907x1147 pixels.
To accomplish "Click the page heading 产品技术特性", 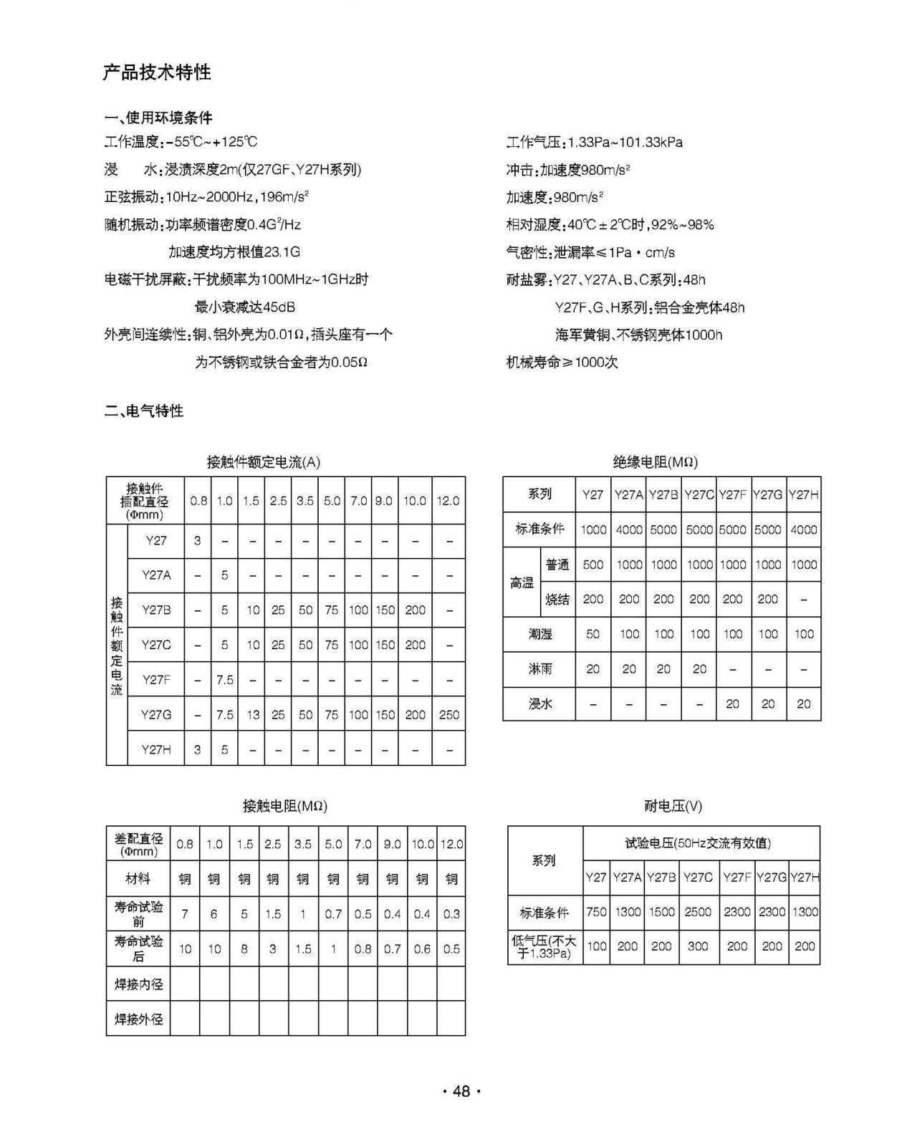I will point(157,72).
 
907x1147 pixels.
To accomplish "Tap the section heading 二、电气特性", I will point(144,411).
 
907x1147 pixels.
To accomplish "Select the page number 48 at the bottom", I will point(461,1091).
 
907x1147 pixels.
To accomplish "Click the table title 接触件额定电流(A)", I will point(263,462).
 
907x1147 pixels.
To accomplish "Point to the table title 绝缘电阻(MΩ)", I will point(655,462).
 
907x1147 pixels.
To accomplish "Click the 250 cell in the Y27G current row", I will point(448,714).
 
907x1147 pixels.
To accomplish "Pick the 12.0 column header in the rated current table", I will point(448,501).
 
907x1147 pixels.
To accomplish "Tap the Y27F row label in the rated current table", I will point(155,679).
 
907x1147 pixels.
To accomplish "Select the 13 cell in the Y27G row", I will point(253,714).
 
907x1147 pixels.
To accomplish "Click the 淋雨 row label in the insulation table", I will point(540,668).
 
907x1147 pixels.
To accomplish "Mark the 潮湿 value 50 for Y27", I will point(592,634).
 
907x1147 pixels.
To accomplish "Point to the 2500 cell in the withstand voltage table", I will point(698,911).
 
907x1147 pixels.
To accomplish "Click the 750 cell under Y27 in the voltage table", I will point(596,911).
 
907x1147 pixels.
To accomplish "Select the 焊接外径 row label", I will point(138,1019).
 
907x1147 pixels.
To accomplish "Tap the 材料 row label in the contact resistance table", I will point(138,878).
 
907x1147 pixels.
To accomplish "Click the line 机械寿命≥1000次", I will point(562,362).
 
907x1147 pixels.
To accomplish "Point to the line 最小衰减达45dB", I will point(245,307).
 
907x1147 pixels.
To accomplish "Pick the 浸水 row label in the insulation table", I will point(540,704).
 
